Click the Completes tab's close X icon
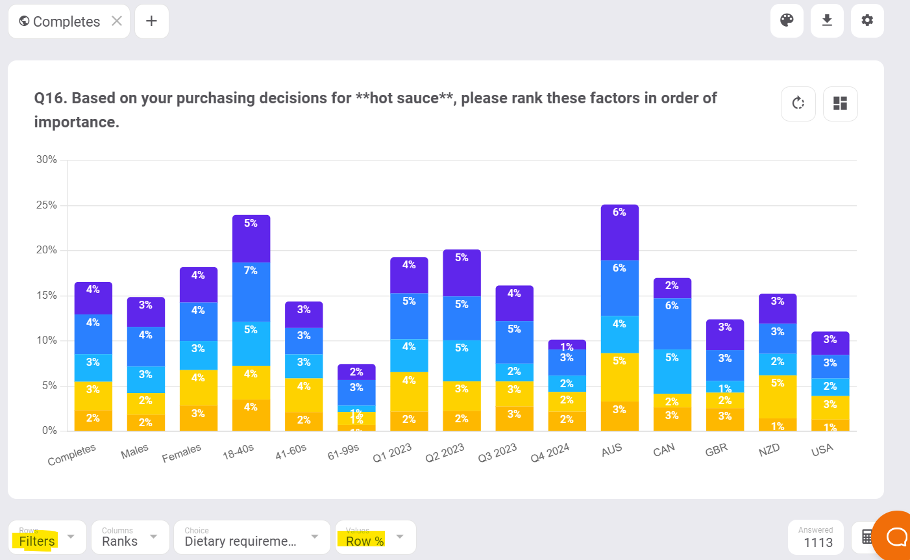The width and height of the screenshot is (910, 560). tap(117, 21)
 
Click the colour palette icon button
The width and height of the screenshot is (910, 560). tap(787, 21)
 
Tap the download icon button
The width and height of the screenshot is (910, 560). tap(827, 21)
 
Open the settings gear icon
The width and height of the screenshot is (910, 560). tap(867, 21)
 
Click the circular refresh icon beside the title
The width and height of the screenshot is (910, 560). tap(798, 103)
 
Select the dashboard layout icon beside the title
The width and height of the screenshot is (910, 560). tap(840, 103)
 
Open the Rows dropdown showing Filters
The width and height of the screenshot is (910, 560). tap(47, 537)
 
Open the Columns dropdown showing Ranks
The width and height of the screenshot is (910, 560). tap(130, 537)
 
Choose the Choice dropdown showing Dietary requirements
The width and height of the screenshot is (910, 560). tap(251, 537)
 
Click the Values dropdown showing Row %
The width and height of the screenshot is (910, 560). tap(375, 537)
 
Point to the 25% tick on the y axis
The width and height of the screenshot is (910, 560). tap(47, 205)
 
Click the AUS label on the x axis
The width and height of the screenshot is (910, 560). tap(611, 450)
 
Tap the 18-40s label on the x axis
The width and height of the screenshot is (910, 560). tap(238, 452)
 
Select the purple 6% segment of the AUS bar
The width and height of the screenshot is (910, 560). tap(619, 233)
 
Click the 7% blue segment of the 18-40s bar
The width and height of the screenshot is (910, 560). tap(251, 292)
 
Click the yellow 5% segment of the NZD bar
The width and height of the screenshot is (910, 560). tap(778, 396)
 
